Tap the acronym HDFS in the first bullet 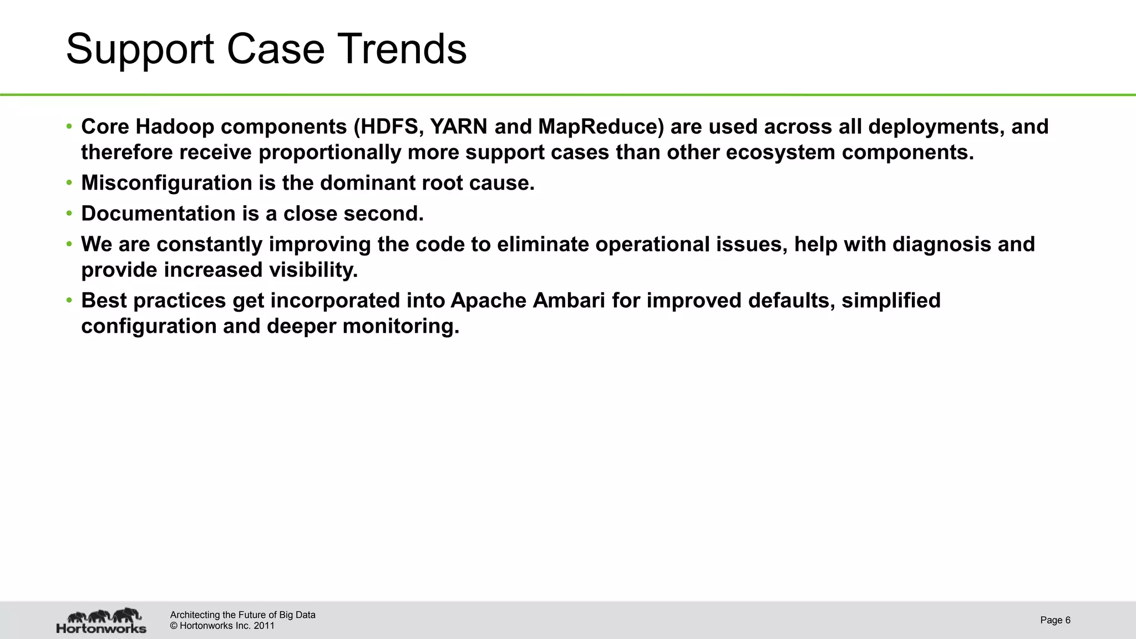point(393,127)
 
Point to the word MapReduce point(601,127)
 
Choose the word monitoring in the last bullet point(400,326)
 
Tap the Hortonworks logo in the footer point(102,621)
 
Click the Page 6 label point(1055,620)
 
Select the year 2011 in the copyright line point(264,626)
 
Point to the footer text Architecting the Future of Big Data point(242,615)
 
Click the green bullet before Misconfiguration point(69,182)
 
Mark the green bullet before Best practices point(69,300)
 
